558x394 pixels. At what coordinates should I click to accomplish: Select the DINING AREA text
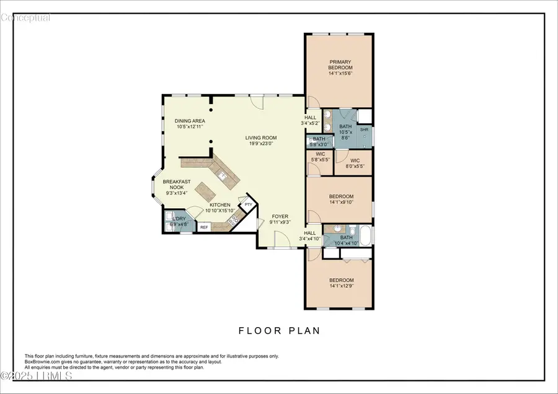[x=190, y=121]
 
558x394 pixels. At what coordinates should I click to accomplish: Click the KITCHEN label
[x=220, y=205]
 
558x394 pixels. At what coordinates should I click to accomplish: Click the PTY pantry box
[x=248, y=204]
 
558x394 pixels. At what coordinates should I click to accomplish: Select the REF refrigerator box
[x=204, y=227]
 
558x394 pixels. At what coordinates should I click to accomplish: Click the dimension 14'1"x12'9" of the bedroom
[x=341, y=286]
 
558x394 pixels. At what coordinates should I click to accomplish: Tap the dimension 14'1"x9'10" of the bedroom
[x=341, y=201]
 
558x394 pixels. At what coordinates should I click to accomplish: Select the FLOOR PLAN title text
[x=280, y=331]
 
